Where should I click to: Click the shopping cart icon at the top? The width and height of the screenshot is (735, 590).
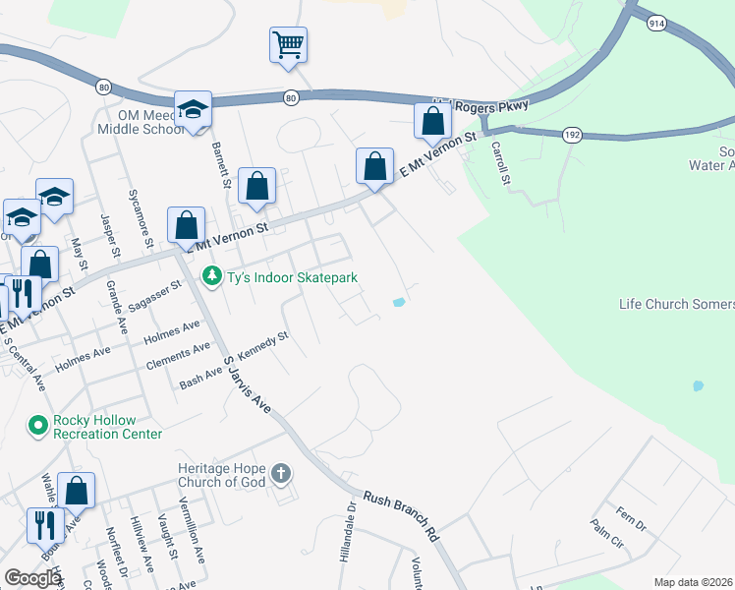click(x=288, y=45)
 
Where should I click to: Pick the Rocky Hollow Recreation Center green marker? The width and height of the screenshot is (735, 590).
click(x=38, y=426)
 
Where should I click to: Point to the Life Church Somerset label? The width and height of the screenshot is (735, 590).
click(x=676, y=304)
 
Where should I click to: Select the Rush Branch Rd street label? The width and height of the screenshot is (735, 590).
click(x=401, y=516)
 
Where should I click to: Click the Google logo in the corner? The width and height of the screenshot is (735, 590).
click(x=32, y=578)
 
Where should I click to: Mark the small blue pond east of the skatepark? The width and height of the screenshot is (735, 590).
click(x=398, y=303)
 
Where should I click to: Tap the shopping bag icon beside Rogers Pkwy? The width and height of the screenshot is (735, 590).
click(x=432, y=122)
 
